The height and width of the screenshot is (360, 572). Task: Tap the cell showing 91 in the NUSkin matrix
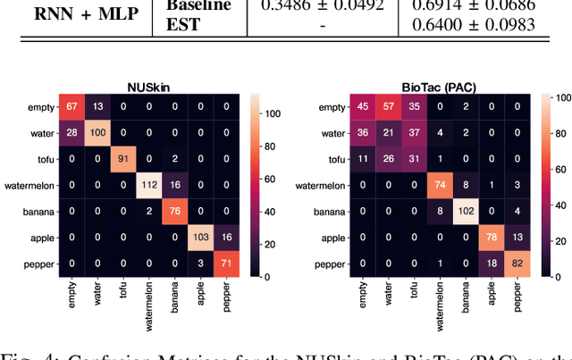(122, 160)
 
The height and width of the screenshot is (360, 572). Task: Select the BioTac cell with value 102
(464, 211)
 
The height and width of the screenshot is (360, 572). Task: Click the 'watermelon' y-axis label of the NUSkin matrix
(27, 185)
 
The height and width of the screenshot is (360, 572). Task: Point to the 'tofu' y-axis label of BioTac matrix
(335, 160)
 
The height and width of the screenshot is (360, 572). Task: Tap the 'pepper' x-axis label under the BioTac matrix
(516, 295)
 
